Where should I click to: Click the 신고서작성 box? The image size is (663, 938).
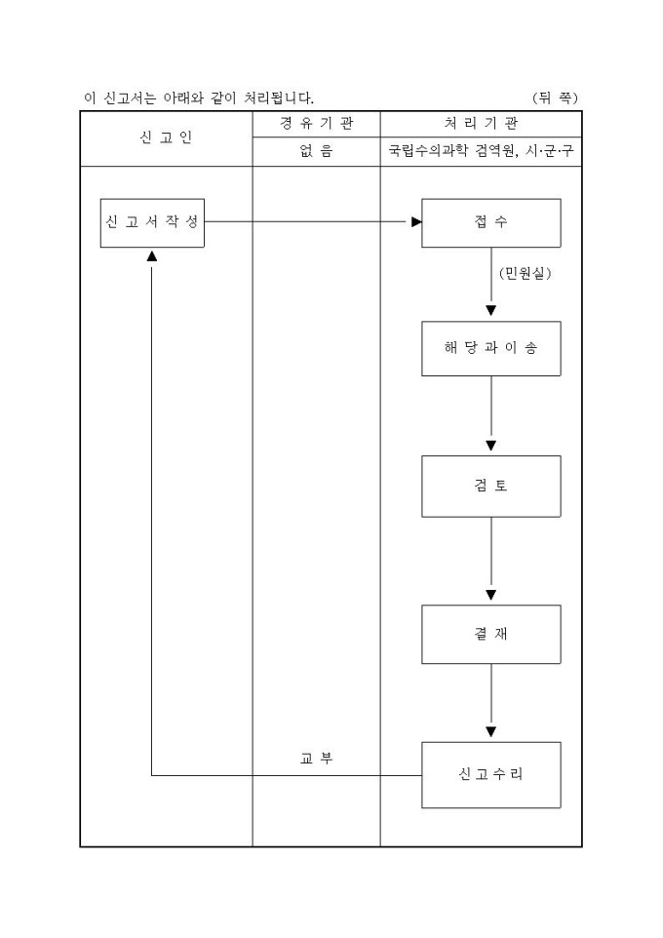(152, 222)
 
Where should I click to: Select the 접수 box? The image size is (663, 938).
(490, 222)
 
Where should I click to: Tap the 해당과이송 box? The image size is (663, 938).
(490, 348)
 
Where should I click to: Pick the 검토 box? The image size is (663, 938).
(490, 486)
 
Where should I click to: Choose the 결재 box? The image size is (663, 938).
(490, 634)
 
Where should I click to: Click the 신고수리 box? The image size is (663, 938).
(490, 774)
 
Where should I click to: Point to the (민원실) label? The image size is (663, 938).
(525, 274)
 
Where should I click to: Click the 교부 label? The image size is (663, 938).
(316, 758)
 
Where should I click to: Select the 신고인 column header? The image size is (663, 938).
(166, 137)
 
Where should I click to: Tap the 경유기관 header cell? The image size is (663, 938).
(316, 124)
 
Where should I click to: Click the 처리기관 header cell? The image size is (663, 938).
(481, 124)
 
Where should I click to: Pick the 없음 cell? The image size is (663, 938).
(316, 151)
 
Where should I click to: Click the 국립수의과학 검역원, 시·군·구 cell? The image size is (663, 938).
(481, 151)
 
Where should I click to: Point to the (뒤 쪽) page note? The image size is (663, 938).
(556, 98)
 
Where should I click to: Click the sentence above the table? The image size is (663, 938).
(199, 98)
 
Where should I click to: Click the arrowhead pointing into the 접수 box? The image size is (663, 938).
(416, 222)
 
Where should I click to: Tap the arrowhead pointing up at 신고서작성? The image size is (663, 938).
(152, 255)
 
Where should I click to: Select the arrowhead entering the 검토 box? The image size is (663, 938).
(490, 446)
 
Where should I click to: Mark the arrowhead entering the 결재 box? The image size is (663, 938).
(490, 595)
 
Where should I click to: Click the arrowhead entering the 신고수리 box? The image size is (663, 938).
(490, 731)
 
